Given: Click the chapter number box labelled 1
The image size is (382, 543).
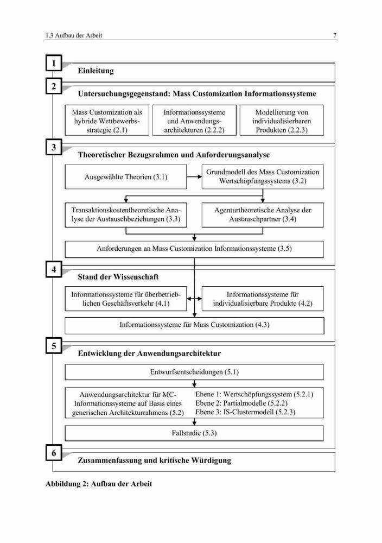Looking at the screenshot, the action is (x=54, y=63).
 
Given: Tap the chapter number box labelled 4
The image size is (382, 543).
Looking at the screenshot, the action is (x=54, y=269).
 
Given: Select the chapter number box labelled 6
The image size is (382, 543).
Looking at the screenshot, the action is (x=54, y=453).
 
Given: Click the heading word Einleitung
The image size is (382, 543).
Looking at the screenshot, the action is (x=95, y=71).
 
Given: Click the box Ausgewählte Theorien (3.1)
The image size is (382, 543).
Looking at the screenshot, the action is (x=126, y=176).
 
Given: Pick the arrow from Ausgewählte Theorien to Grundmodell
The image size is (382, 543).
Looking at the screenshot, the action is (x=194, y=176).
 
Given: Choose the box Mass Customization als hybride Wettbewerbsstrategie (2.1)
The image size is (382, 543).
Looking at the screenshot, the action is (x=107, y=120).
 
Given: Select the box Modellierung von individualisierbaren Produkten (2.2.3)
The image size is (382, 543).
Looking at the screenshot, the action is (x=282, y=120).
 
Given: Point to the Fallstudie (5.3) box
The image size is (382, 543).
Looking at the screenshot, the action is (x=194, y=433).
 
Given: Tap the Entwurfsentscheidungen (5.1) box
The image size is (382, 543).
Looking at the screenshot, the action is (x=194, y=372).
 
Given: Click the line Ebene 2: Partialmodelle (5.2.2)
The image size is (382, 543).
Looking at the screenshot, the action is (x=241, y=403).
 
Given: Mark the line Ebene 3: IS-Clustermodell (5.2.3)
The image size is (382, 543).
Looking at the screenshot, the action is (x=245, y=412).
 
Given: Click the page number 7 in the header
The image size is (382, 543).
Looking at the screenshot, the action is (x=335, y=35).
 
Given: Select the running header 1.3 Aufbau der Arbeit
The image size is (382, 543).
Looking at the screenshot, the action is (x=74, y=35).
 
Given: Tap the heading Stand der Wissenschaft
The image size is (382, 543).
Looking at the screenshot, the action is (x=118, y=277).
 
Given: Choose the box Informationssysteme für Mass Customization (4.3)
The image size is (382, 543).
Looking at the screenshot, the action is (x=194, y=325).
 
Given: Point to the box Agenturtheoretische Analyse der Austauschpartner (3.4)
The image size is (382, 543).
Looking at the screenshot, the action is (x=263, y=214).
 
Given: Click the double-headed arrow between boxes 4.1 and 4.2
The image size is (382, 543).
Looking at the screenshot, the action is (x=194, y=299).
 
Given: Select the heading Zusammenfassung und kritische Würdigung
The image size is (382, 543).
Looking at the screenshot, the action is (x=154, y=460).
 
